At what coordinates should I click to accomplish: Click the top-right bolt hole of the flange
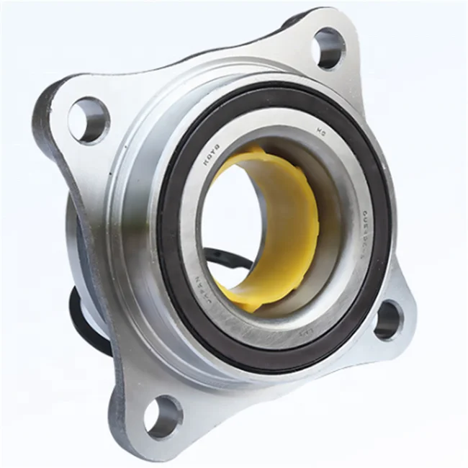pyautogui.click(x=329, y=49)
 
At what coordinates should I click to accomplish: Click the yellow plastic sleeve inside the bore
pyautogui.click(x=292, y=216)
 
